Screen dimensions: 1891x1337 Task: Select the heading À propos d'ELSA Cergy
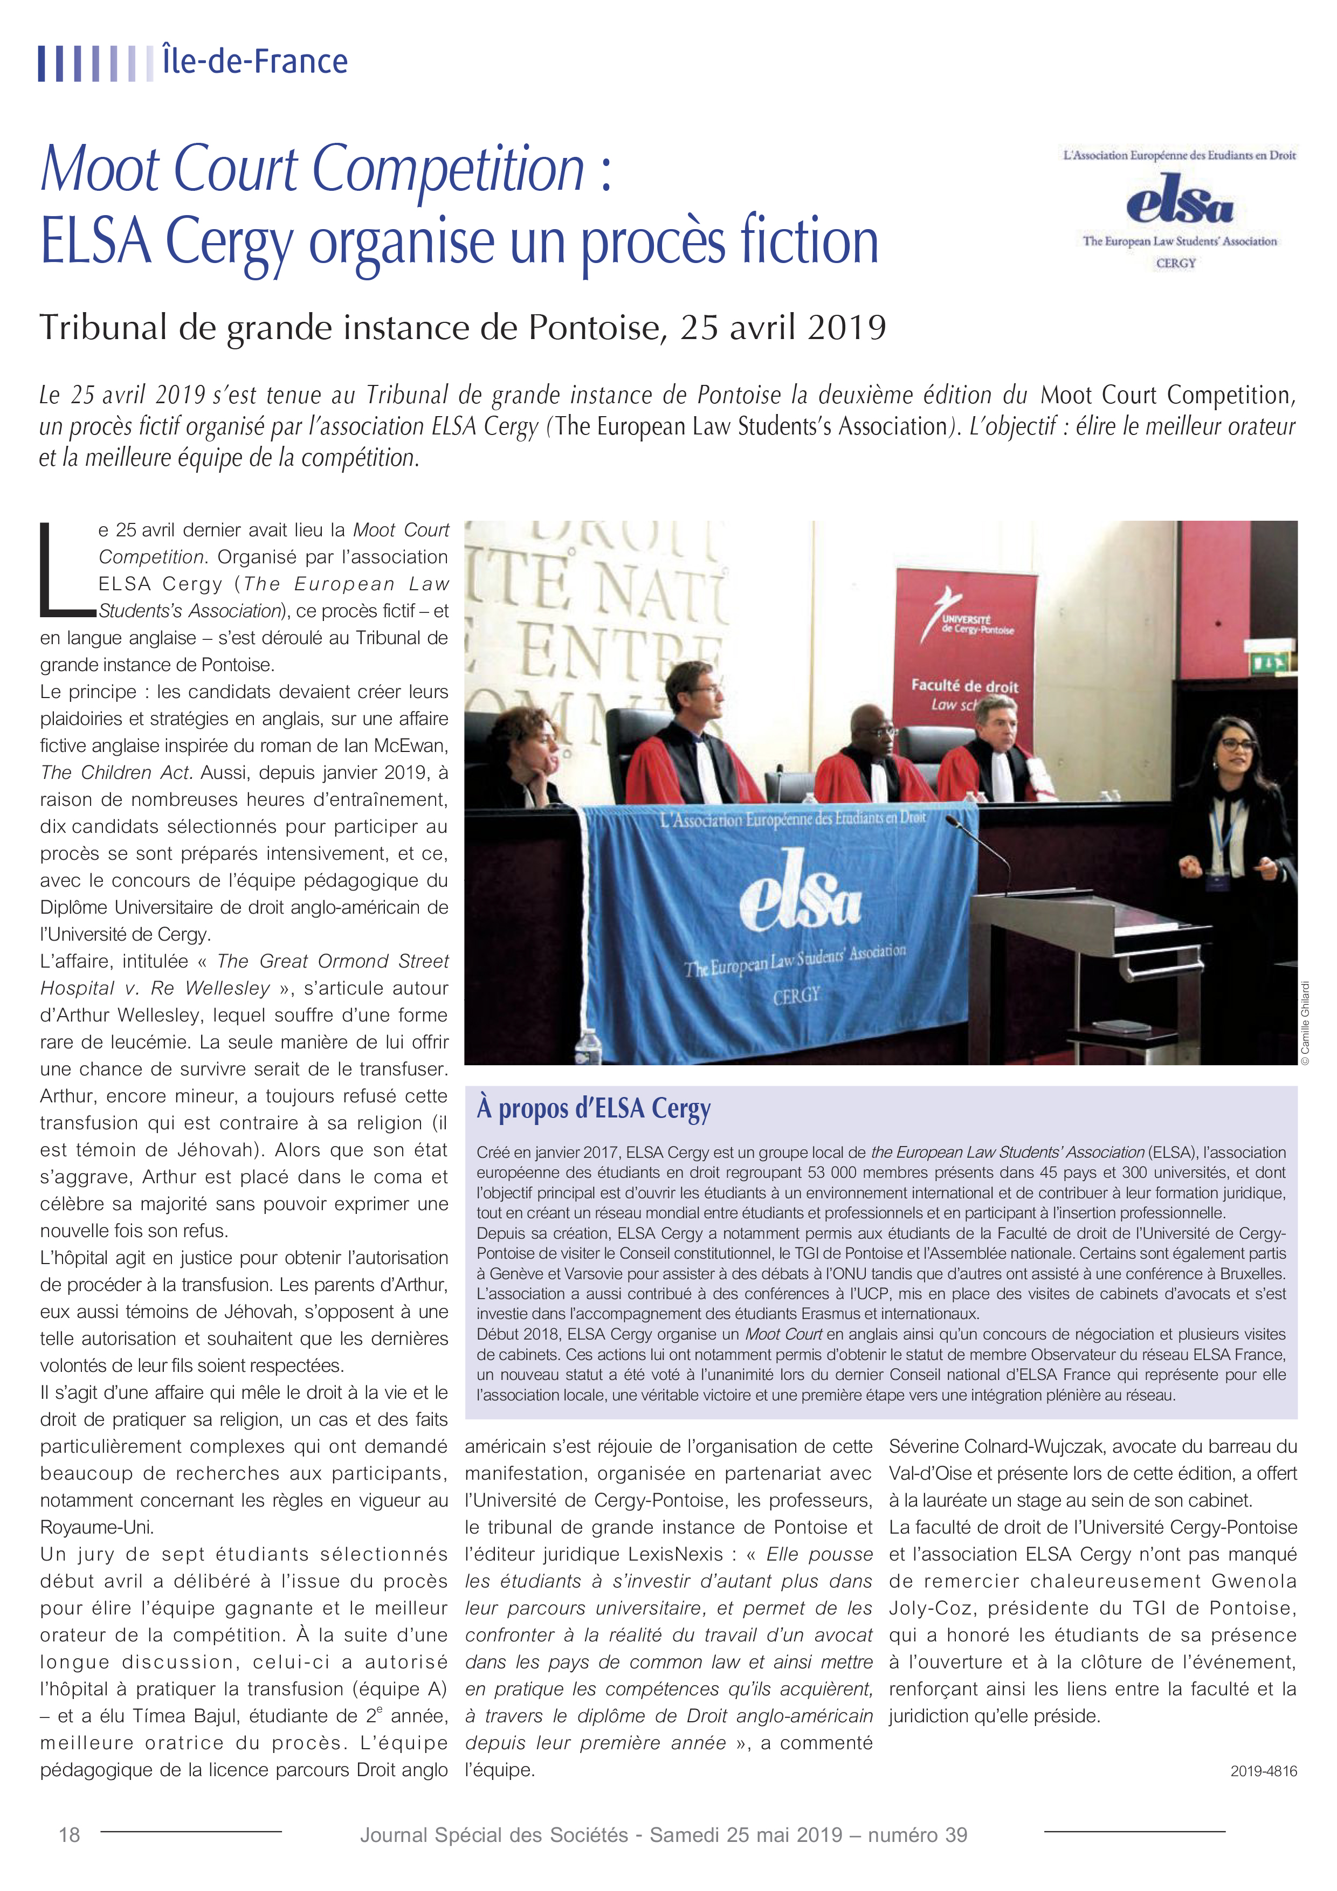(x=593, y=1109)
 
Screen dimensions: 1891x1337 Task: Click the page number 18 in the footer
(x=69, y=1835)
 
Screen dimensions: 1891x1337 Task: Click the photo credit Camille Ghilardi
(x=1304, y=1022)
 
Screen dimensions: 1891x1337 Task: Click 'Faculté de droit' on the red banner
(x=964, y=685)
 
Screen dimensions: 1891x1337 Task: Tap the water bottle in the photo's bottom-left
(x=587, y=1046)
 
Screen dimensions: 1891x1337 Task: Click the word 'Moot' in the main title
(x=100, y=170)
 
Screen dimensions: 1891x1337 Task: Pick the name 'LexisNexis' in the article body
(x=671, y=1554)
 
